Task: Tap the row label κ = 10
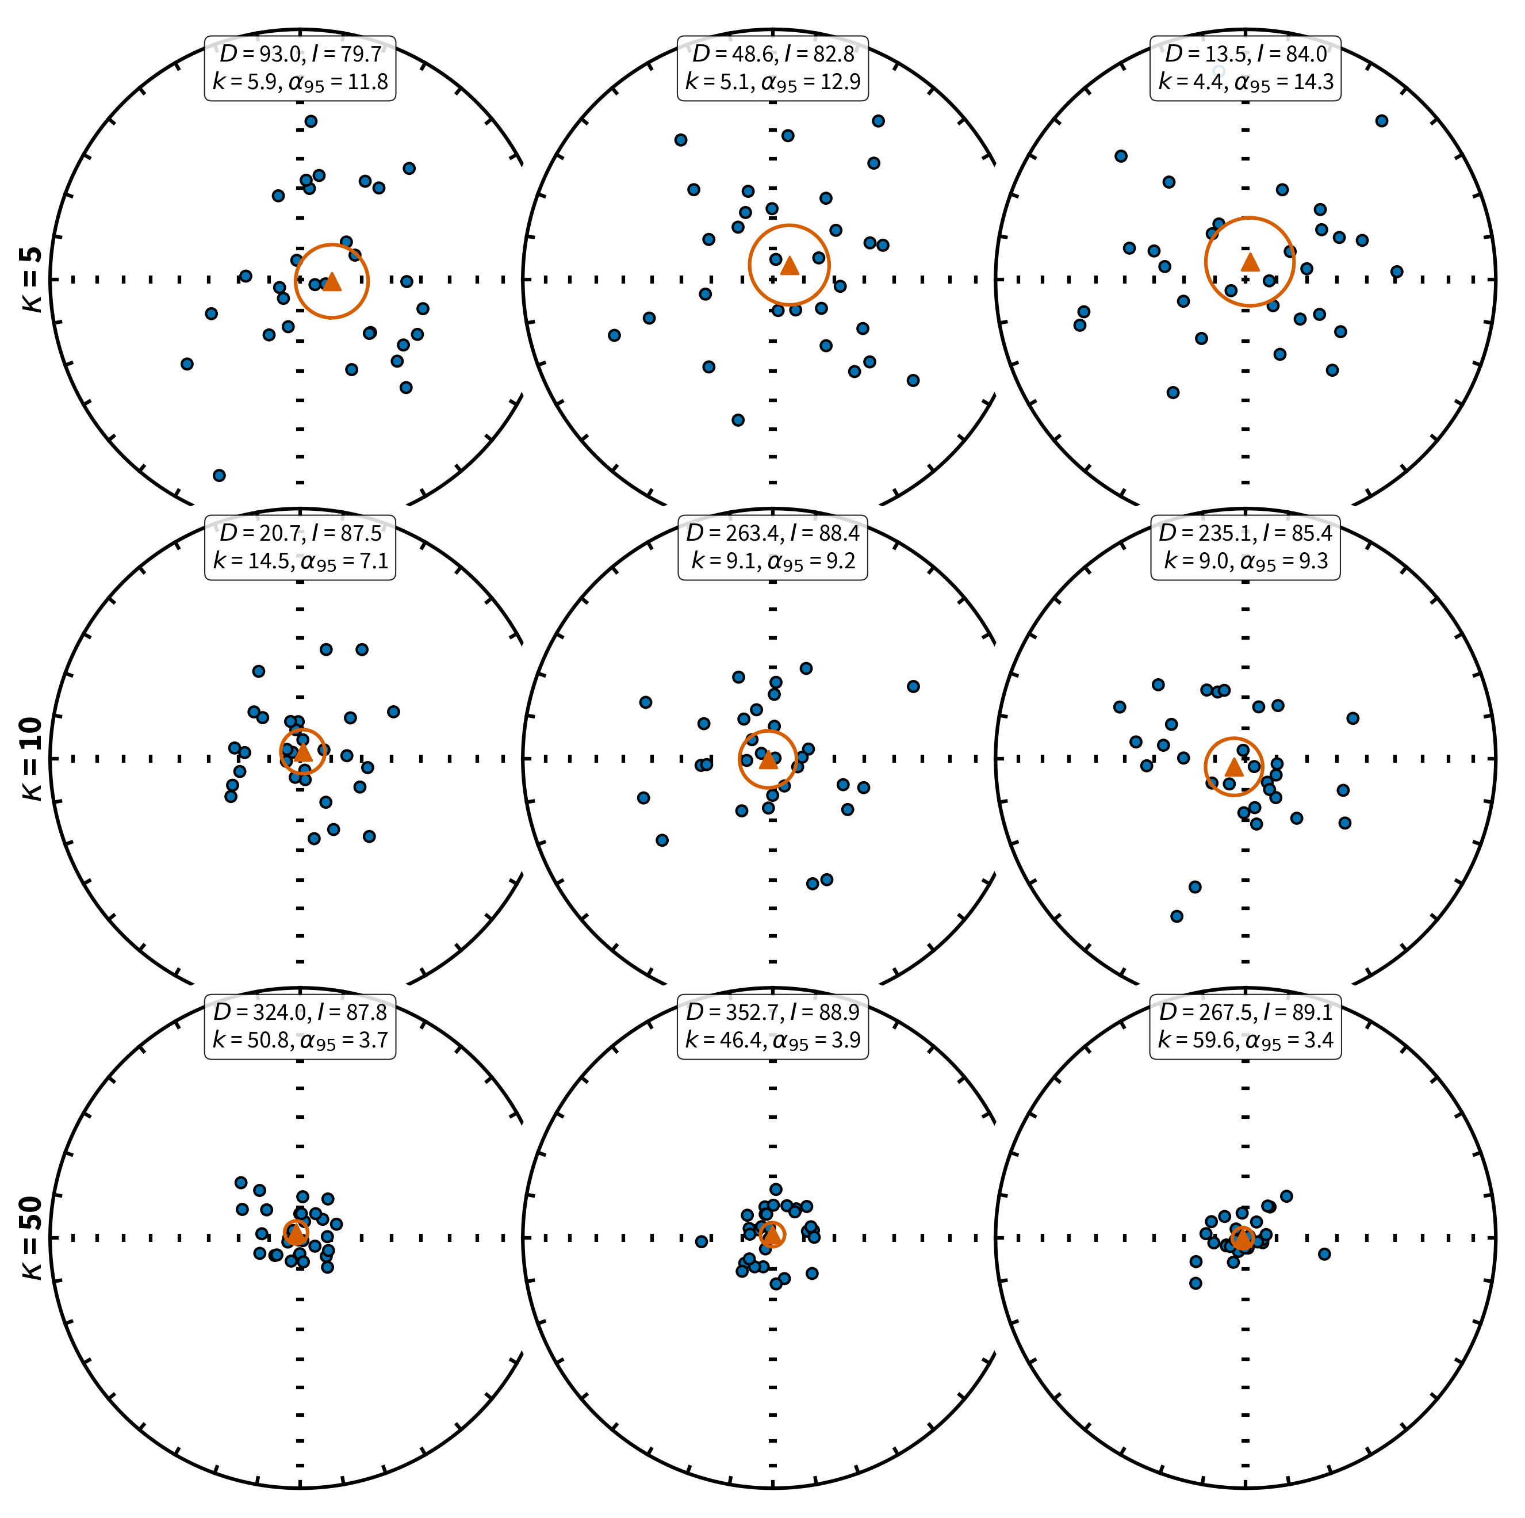click(x=32, y=759)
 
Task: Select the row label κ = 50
click(x=32, y=1238)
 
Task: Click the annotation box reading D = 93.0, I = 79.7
click(x=300, y=68)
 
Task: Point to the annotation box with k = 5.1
click(x=773, y=68)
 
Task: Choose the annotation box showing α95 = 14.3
click(x=1246, y=68)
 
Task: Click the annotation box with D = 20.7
click(x=300, y=547)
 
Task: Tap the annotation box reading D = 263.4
click(x=773, y=547)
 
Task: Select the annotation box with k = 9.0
click(x=1246, y=547)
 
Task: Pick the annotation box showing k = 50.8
click(x=300, y=1026)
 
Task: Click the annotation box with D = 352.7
click(x=773, y=1026)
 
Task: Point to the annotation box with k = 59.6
click(x=1246, y=1026)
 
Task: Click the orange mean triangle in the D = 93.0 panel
click(x=332, y=281)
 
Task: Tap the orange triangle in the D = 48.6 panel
click(x=790, y=266)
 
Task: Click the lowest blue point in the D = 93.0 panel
click(x=220, y=475)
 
